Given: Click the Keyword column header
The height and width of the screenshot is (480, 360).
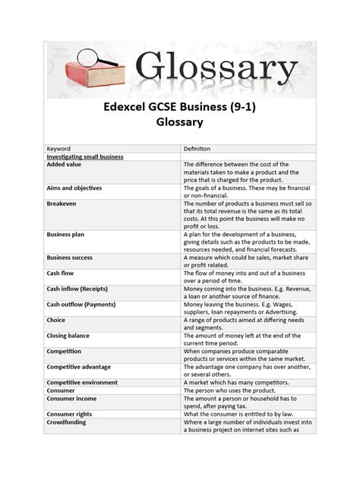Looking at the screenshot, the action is [58, 148].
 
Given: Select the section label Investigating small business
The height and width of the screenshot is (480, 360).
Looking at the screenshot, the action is [85, 156].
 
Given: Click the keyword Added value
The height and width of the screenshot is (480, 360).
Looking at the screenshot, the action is [64, 164].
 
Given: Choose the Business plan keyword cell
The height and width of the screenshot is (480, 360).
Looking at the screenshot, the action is [67, 235].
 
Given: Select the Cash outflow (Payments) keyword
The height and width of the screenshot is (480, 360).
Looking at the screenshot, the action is [84, 305].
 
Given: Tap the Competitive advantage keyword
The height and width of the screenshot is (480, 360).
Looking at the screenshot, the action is [79, 367].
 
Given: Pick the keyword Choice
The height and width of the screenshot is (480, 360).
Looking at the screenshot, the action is [57, 321].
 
